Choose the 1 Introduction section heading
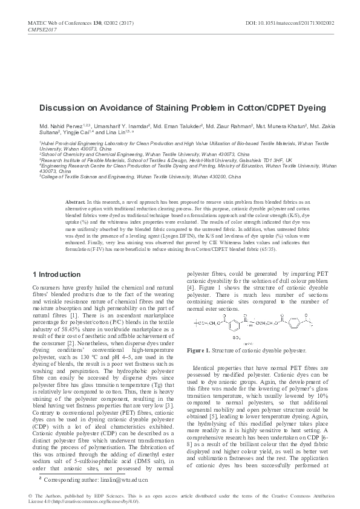coord(55,274)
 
